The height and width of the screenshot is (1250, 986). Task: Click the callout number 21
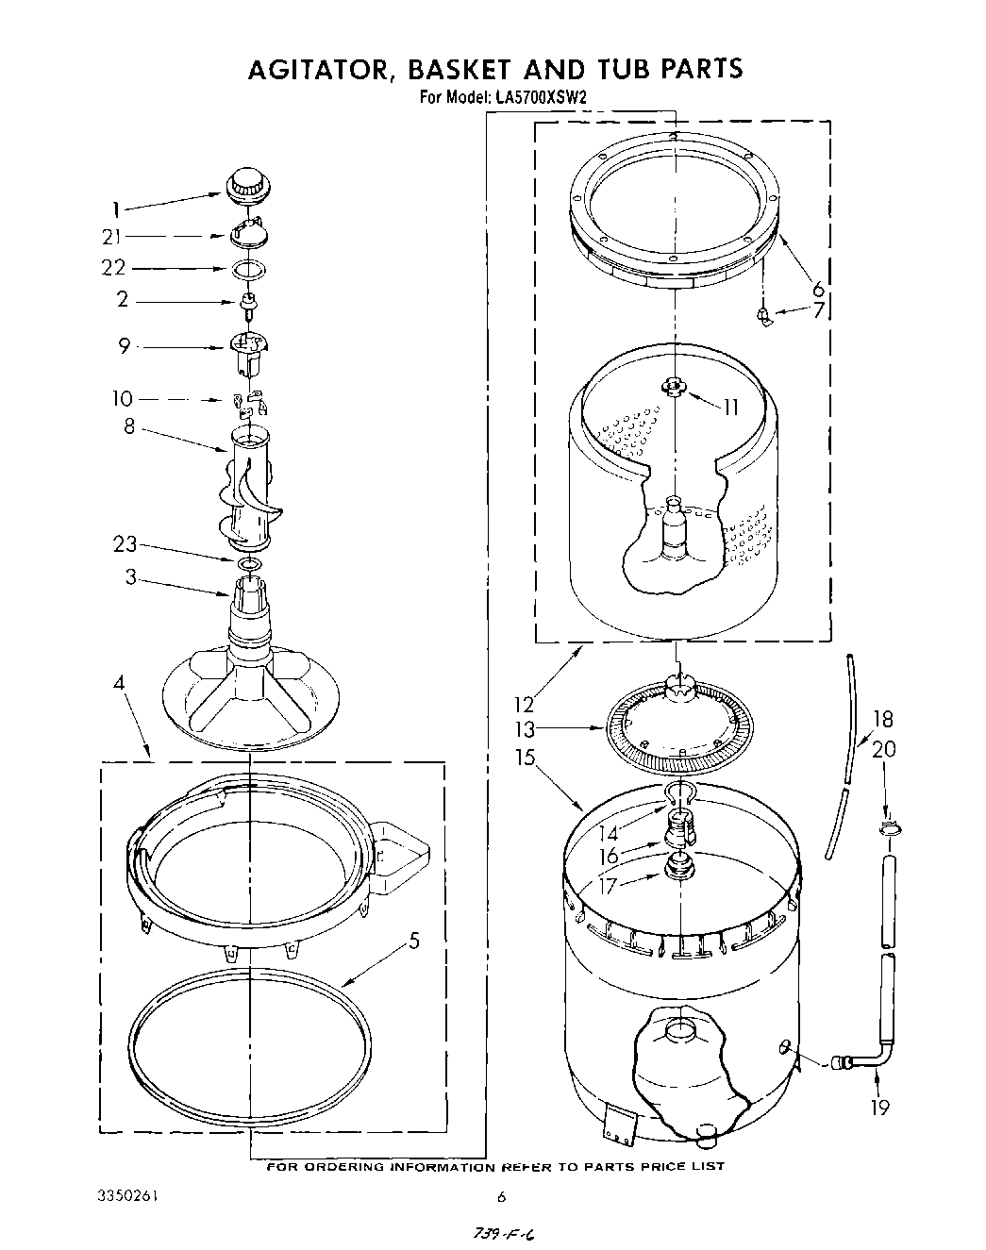(111, 237)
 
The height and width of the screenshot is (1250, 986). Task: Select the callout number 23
(125, 544)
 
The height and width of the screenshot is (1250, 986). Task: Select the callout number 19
(879, 1108)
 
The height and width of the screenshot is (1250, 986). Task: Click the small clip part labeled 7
(765, 318)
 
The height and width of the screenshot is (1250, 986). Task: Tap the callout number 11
(730, 408)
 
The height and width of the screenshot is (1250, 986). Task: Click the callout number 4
(118, 681)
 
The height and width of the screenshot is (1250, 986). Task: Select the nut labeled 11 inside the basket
(672, 386)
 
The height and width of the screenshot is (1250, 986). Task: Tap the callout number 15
(526, 758)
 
